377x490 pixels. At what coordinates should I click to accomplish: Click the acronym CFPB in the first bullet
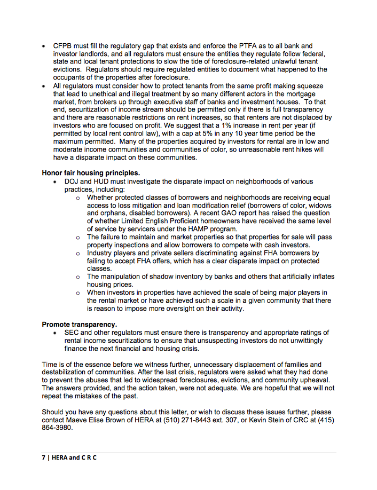tap(63, 46)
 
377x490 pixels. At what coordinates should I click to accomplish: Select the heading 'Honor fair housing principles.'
tap(91, 173)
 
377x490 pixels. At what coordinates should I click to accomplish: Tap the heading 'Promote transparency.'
tap(79, 324)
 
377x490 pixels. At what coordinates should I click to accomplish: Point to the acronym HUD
tap(103, 182)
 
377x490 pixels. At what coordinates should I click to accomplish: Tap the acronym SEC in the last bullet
tap(72, 333)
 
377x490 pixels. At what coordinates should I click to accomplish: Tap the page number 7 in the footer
tap(43, 459)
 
